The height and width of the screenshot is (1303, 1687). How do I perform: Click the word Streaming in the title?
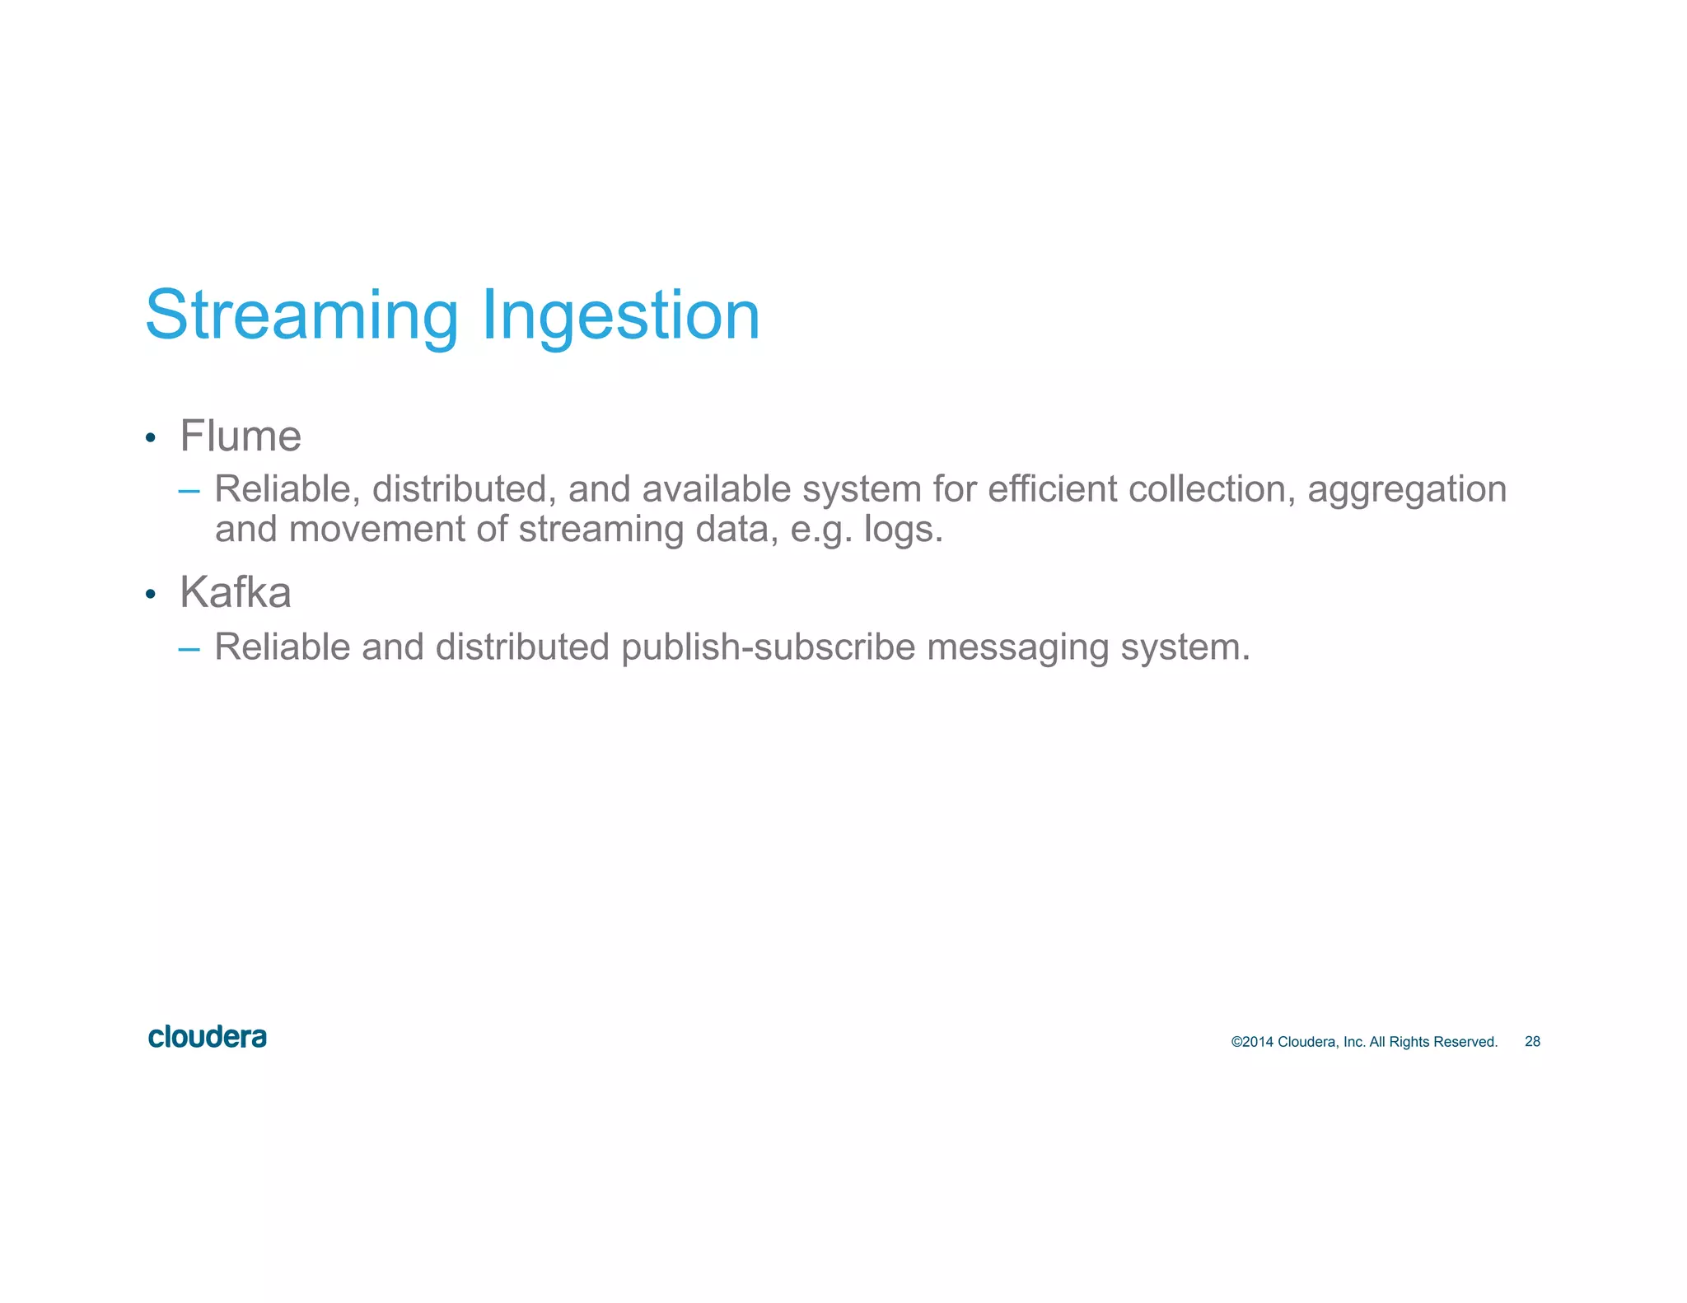[301, 315]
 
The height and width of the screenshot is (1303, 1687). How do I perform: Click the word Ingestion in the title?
[620, 315]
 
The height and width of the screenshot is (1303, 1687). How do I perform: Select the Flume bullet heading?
[241, 436]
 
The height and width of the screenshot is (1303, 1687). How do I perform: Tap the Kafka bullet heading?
[236, 592]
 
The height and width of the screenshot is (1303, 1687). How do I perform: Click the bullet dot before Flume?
[150, 438]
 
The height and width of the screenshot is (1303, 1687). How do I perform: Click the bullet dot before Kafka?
[150, 595]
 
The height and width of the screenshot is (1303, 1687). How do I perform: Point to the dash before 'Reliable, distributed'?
[189, 492]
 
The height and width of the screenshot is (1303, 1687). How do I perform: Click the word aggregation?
[1407, 490]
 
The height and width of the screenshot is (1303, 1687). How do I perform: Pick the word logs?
[902, 530]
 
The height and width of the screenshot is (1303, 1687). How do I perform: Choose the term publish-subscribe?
[768, 647]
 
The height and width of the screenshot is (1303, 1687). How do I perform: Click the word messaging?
[1017, 648]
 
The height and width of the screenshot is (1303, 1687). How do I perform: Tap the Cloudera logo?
[208, 1037]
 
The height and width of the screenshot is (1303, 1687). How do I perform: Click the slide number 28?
[1532, 1042]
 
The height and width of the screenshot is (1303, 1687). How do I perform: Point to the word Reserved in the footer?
[1465, 1042]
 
